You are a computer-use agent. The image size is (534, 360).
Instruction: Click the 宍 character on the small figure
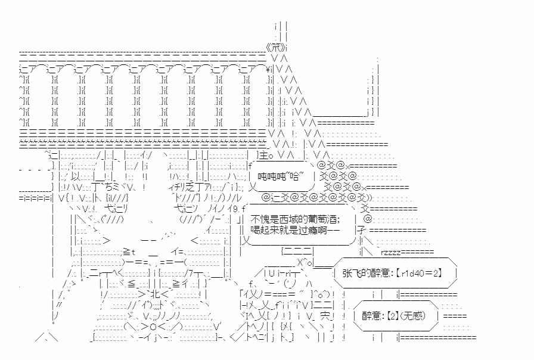coord(324,316)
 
